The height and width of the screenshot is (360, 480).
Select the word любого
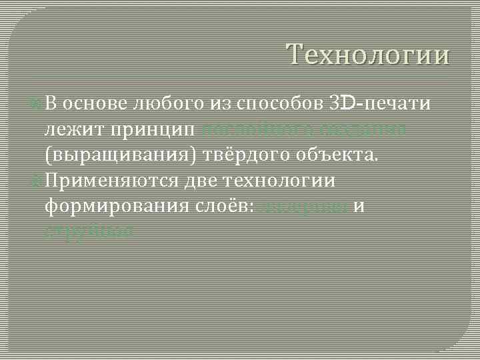161,105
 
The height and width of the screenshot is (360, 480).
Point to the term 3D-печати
379,105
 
